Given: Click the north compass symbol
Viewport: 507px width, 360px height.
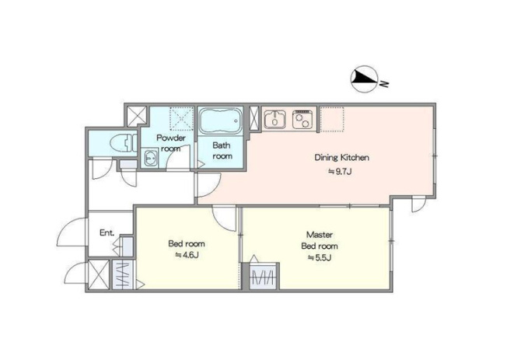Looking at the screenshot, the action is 364,79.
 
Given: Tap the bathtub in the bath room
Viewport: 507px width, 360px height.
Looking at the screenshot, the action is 221,121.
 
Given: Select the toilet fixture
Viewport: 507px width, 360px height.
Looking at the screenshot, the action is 123,142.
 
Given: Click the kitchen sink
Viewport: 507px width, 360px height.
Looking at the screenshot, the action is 274,120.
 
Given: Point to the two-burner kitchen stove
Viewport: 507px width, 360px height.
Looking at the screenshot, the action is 302,120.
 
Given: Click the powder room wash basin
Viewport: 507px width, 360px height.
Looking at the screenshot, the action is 150,158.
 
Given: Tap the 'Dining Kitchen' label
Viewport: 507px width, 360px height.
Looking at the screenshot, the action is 342,158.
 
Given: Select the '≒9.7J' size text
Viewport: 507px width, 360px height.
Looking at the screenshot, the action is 340,172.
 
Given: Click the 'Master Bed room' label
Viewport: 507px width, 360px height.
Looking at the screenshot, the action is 320,240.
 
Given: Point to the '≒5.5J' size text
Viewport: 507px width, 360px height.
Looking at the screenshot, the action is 320,258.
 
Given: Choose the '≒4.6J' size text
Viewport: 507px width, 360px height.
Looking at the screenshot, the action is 187,255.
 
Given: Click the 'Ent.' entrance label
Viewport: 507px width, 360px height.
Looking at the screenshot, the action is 107,232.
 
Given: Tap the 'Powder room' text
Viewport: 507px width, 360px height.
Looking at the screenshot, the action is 171,143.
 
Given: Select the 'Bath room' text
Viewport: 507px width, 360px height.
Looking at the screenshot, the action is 222,151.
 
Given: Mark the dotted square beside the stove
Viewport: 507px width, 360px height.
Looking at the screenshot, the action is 332,119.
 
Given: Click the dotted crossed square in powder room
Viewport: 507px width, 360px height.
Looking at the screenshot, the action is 182,119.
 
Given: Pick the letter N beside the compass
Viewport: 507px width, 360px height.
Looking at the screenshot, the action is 384,83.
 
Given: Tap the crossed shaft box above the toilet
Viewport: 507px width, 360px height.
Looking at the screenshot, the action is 136,116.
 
